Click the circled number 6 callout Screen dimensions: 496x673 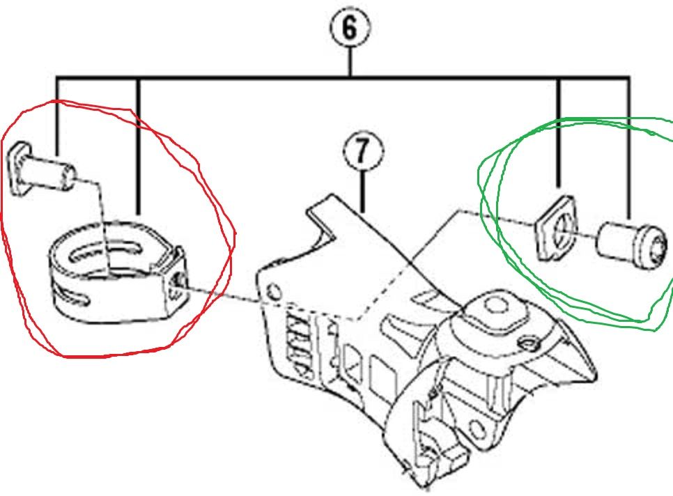[349, 28]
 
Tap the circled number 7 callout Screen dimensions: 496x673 [362, 152]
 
